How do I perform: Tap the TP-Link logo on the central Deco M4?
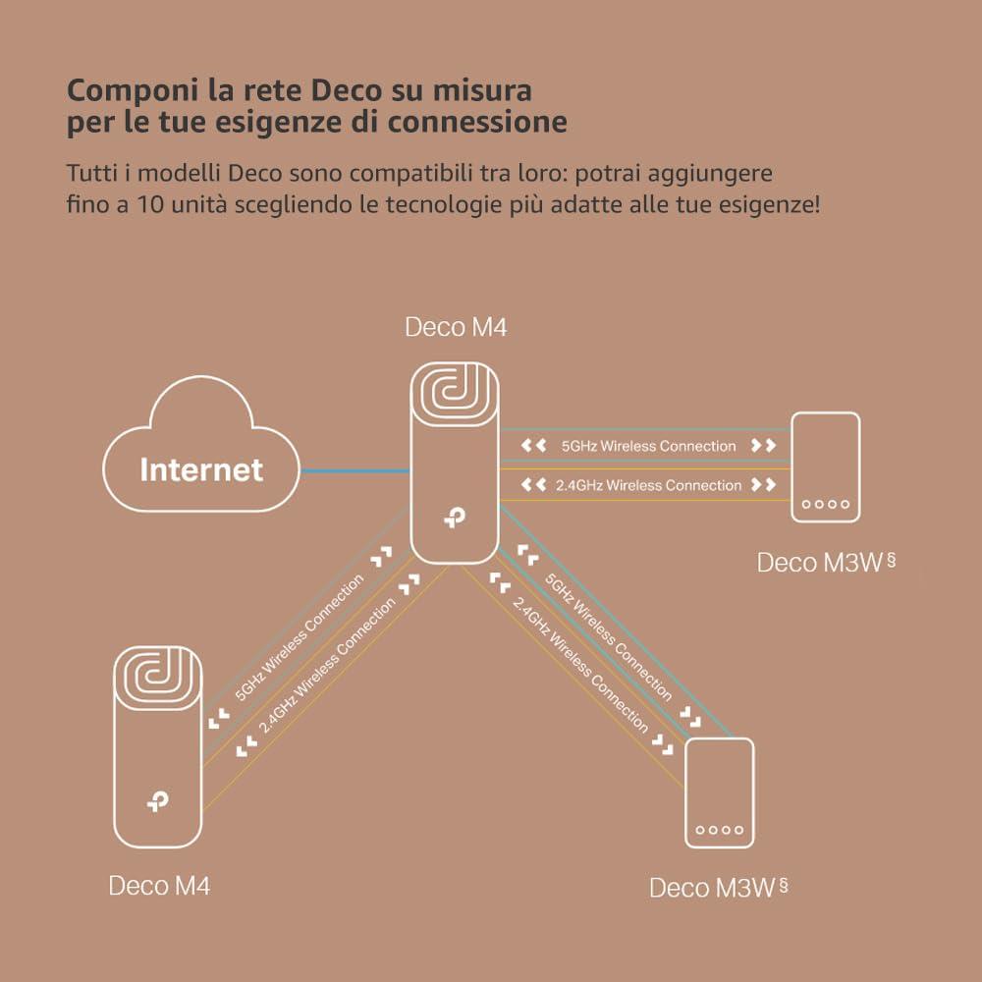453,518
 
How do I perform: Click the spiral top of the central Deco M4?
454,394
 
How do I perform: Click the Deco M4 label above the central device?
456,327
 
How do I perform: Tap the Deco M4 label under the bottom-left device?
159,885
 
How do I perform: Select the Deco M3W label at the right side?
819,563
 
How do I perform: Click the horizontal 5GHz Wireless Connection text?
648,446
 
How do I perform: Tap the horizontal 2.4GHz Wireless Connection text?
648,485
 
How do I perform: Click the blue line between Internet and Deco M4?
355,471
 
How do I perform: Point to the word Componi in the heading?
128,90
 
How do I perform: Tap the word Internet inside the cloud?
201,469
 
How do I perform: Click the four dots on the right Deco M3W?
826,505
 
